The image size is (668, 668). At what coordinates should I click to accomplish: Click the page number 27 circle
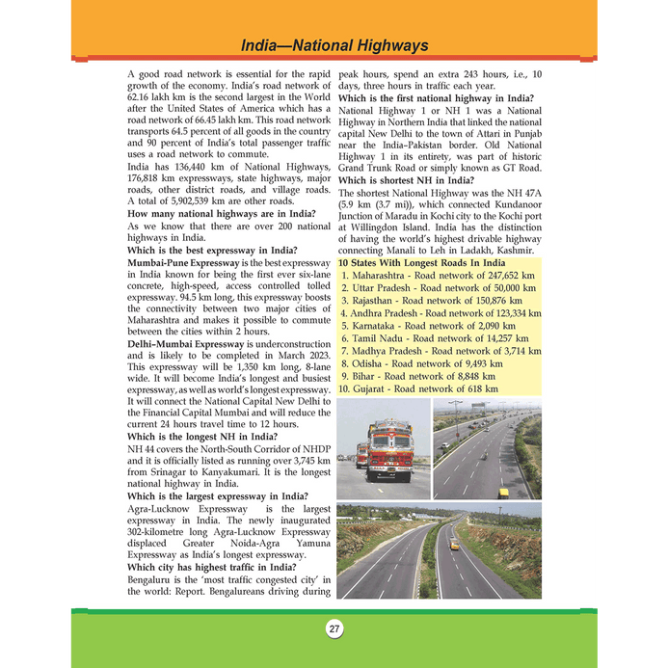tap(334, 630)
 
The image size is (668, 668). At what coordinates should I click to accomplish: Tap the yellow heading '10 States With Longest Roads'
tap(421, 263)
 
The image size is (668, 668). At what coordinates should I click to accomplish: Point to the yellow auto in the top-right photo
tap(503, 491)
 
